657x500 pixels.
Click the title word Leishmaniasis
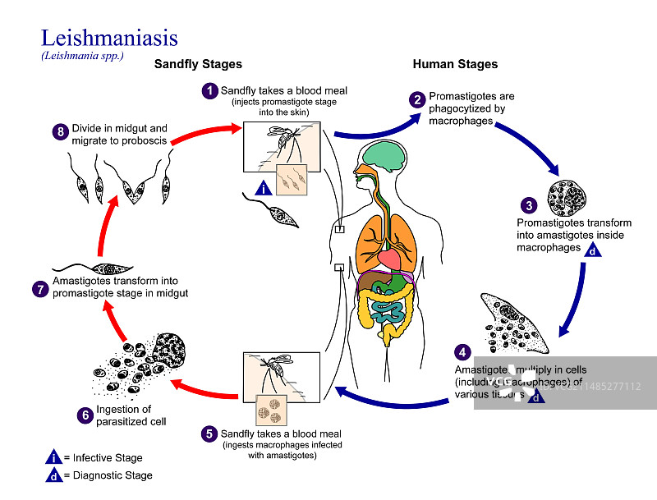click(108, 38)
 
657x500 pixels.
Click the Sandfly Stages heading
click(199, 65)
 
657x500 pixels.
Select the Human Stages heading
click(455, 65)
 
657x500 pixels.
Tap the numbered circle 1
click(211, 90)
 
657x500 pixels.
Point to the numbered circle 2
click(418, 101)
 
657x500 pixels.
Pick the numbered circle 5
click(209, 433)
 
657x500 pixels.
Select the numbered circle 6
click(85, 415)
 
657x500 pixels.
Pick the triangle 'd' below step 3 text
click(592, 251)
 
